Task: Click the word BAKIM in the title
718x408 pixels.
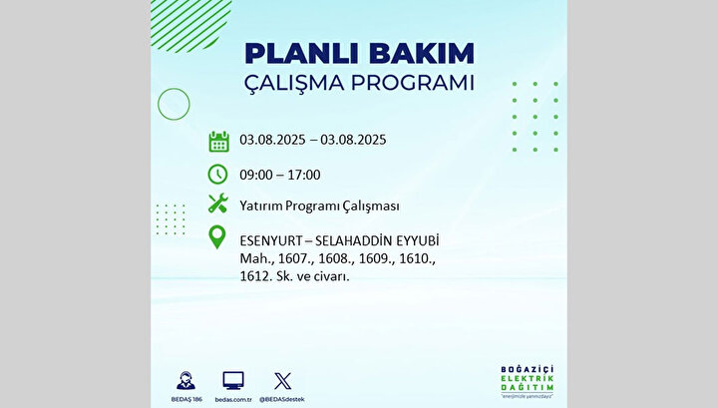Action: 422,53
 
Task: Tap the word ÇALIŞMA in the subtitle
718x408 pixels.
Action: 293,84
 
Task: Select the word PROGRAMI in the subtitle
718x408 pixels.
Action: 413,83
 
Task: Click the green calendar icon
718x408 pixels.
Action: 218,142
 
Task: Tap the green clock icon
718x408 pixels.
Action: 217,175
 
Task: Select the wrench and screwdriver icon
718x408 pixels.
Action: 218,204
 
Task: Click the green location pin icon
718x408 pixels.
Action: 217,237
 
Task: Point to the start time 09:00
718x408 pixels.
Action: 256,175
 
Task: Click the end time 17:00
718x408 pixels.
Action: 304,175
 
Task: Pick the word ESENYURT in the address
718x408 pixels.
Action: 271,240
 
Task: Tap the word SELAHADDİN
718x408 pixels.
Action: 353,240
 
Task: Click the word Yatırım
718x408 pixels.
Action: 260,206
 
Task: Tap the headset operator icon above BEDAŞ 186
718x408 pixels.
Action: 185,380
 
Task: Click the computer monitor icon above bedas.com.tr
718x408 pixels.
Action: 233,381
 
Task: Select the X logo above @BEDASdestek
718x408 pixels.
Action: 282,381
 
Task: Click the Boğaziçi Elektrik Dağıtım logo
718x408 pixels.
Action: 528,381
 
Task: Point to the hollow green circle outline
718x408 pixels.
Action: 158,105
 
